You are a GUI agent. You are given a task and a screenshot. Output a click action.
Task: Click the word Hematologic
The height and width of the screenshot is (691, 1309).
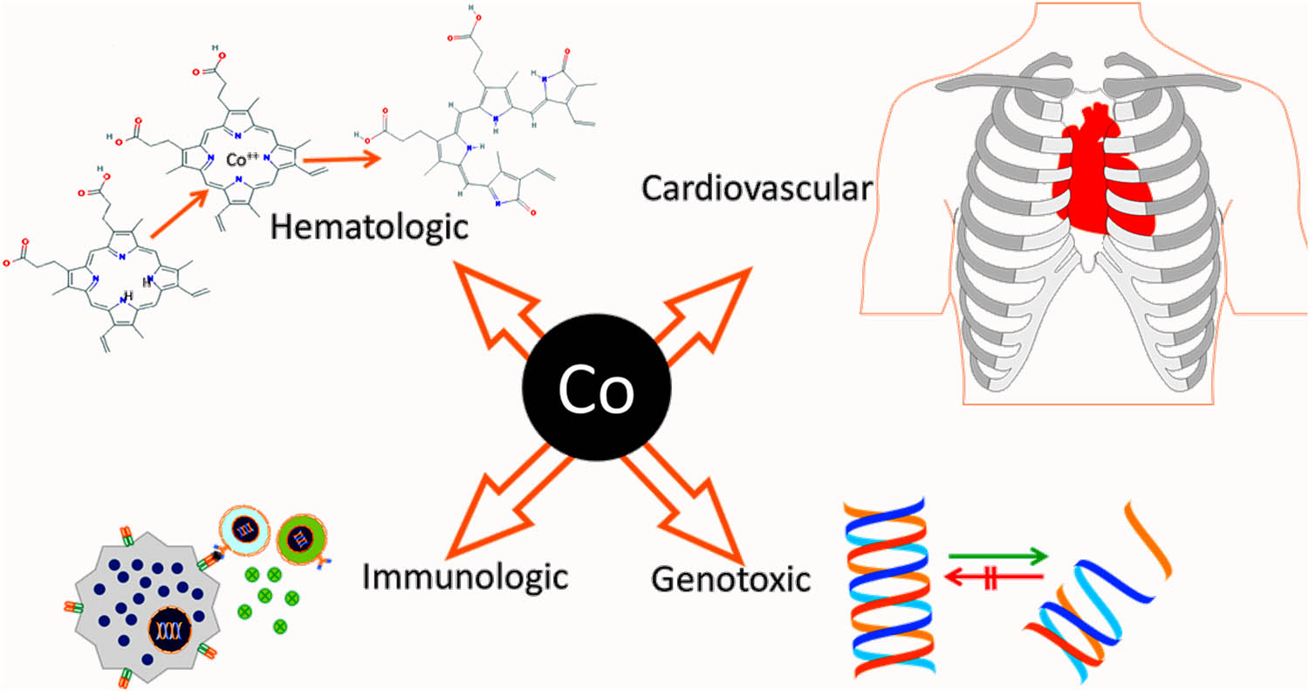[x=370, y=228]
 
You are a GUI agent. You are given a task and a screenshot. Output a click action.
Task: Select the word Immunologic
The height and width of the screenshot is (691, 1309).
[x=465, y=576]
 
